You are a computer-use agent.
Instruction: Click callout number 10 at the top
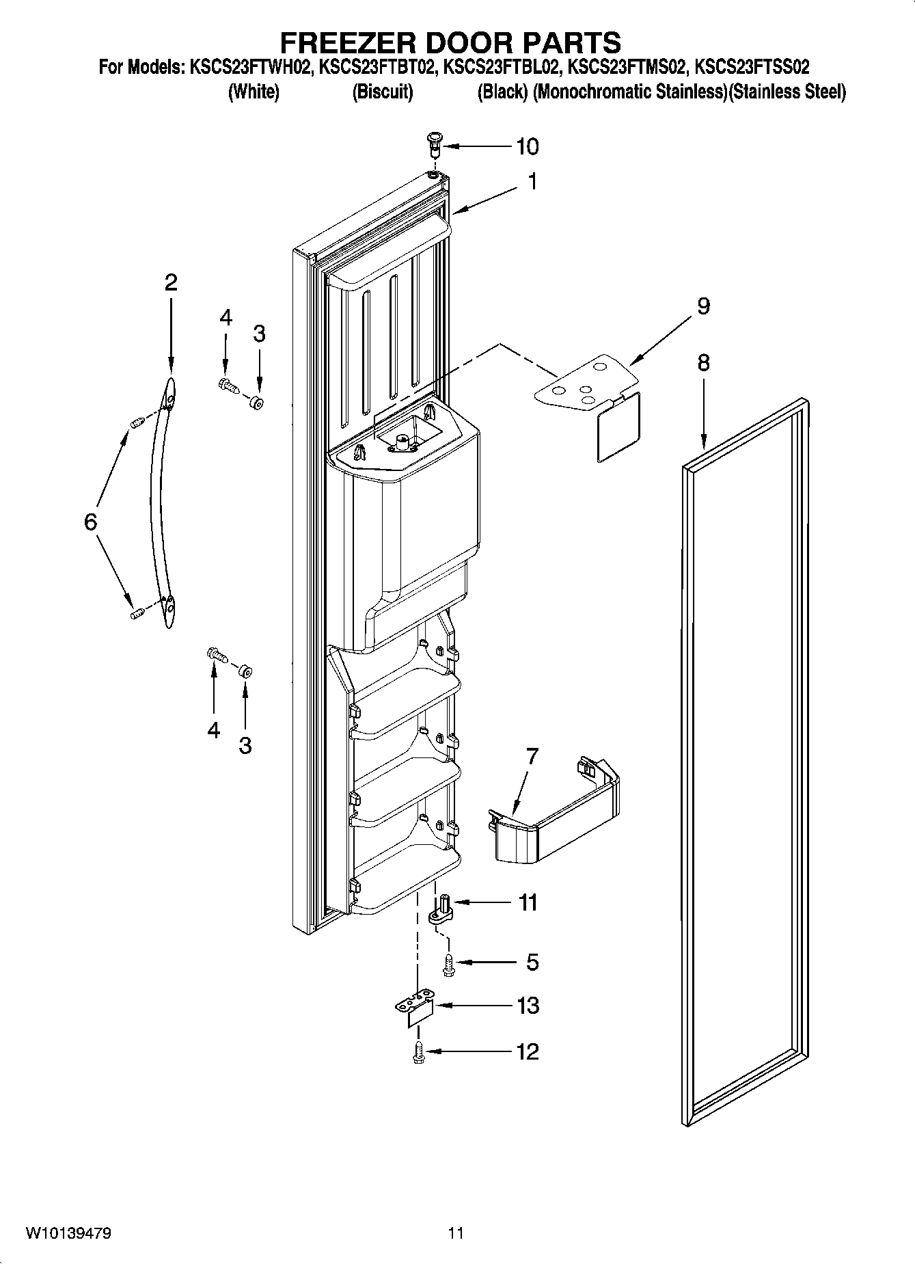[527, 146]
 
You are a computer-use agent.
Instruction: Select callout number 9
[703, 306]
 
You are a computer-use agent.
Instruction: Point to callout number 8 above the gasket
[703, 362]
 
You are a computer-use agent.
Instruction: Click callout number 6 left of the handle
[91, 522]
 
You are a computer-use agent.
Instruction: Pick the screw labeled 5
[448, 963]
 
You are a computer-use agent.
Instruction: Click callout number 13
[528, 1006]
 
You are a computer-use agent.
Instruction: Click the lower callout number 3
[245, 744]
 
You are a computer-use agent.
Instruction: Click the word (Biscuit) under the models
[382, 92]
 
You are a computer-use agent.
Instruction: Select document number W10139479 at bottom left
[68, 1233]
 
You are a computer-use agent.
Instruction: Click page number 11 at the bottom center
[456, 1233]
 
